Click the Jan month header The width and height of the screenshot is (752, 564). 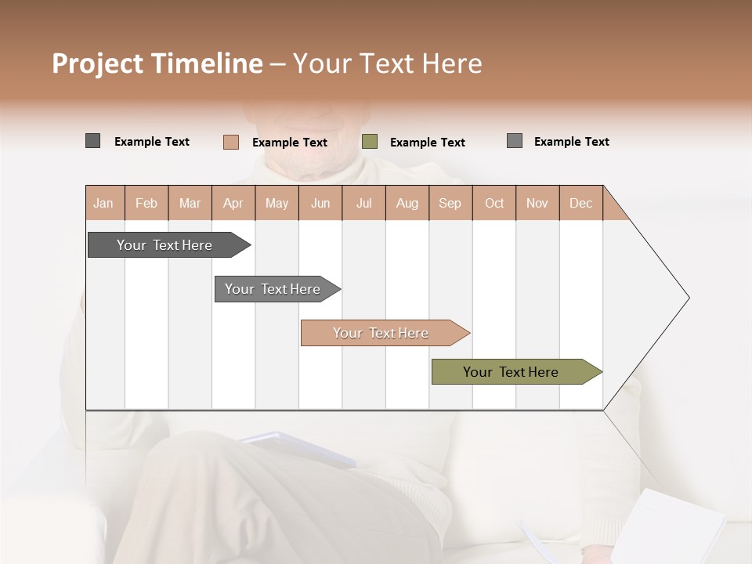[x=103, y=203]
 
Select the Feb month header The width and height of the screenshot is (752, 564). [x=146, y=203]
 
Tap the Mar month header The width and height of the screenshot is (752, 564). [x=190, y=203]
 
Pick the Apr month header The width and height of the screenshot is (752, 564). [x=233, y=203]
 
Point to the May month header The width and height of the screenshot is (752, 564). [x=277, y=203]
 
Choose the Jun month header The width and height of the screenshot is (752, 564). [x=320, y=203]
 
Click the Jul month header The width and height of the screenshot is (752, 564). [x=363, y=203]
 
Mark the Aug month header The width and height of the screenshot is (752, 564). [x=407, y=203]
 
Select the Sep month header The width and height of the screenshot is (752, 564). [x=450, y=203]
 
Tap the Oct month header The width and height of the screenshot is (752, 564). [x=494, y=203]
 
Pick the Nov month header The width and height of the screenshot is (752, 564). [x=537, y=203]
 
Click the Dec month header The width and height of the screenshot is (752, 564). [x=581, y=203]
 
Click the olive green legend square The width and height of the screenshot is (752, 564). [x=370, y=142]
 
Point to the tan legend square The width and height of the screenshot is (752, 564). [x=230, y=142]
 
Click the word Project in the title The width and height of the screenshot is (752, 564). [x=98, y=63]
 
